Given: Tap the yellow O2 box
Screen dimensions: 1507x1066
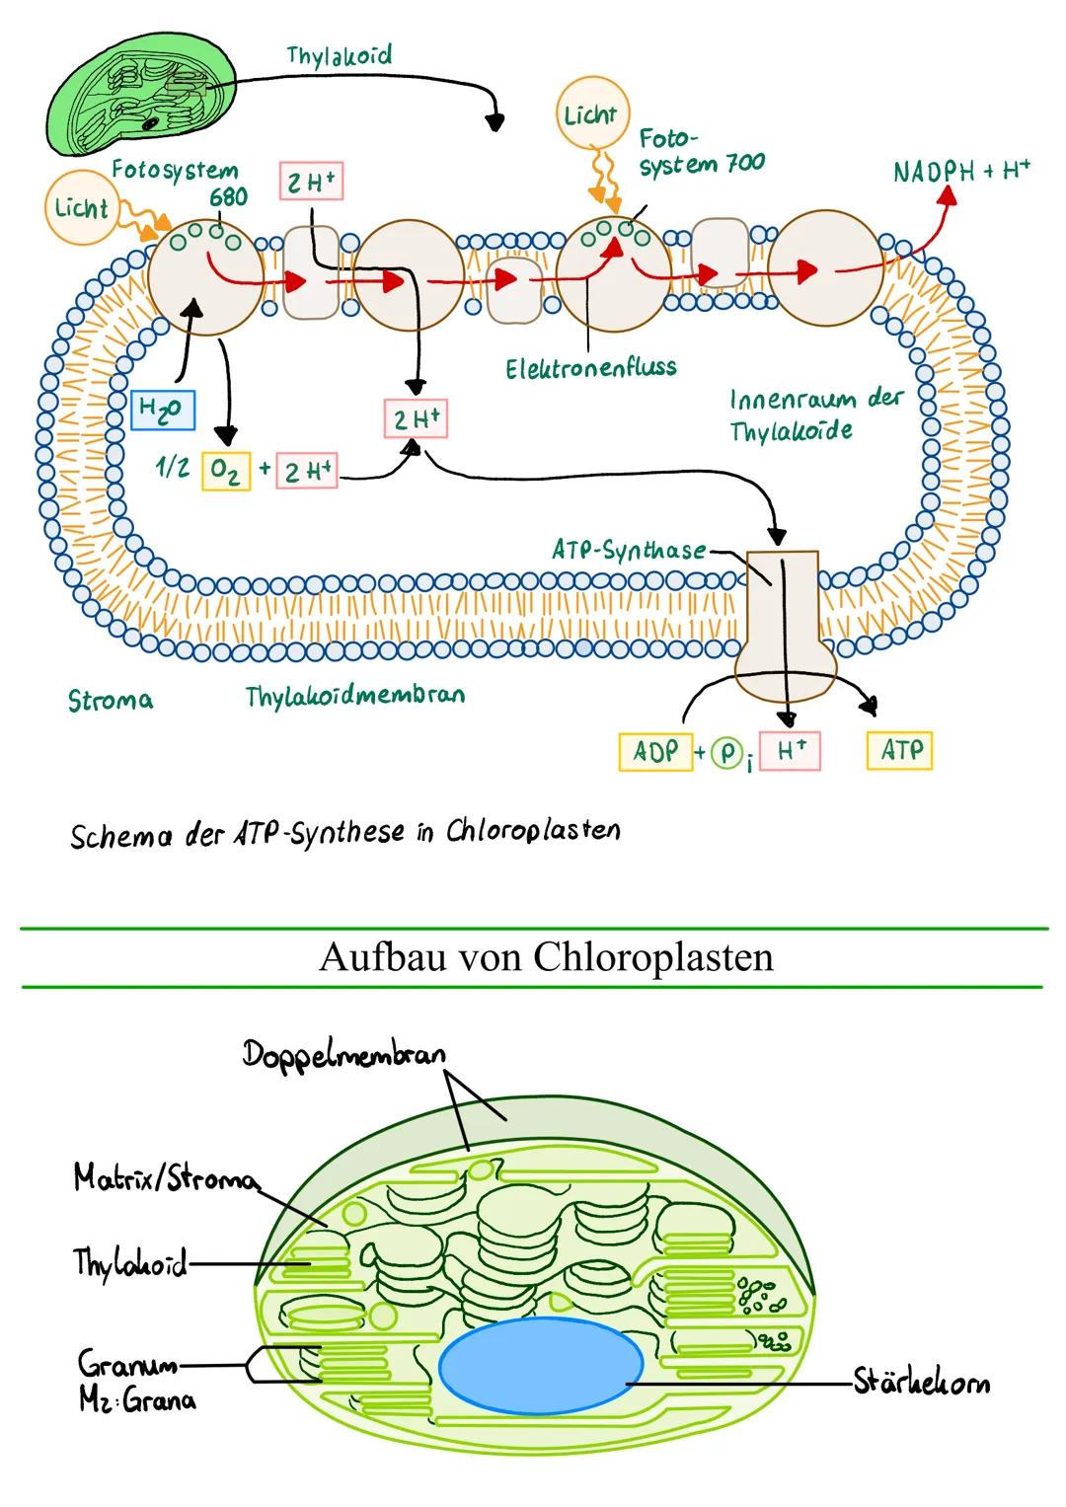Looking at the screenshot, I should click(x=226, y=471).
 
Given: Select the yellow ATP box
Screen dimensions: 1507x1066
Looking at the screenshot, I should click(x=899, y=751).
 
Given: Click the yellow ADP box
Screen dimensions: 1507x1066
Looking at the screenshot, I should click(x=655, y=752).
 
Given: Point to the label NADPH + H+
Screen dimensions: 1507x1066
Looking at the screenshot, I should click(x=960, y=171).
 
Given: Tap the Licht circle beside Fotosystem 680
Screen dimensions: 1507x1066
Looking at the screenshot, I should click(x=81, y=208).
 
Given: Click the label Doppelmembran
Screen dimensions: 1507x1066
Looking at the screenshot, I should click(x=344, y=1054).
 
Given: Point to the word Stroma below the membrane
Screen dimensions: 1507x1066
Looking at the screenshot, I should click(x=111, y=700).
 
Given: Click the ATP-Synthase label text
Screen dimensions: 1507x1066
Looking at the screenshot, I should click(x=629, y=551).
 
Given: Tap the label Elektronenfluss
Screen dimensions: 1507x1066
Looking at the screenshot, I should click(x=590, y=368).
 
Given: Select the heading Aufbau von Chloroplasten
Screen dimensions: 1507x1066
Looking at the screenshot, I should click(x=546, y=957).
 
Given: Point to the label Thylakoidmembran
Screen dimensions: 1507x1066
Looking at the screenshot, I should click(x=354, y=696).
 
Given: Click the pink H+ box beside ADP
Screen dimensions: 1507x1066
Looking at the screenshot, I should click(x=790, y=752).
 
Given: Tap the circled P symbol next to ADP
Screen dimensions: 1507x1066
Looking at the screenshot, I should click(x=727, y=754).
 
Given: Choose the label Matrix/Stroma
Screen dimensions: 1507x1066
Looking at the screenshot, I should click(x=166, y=1178).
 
